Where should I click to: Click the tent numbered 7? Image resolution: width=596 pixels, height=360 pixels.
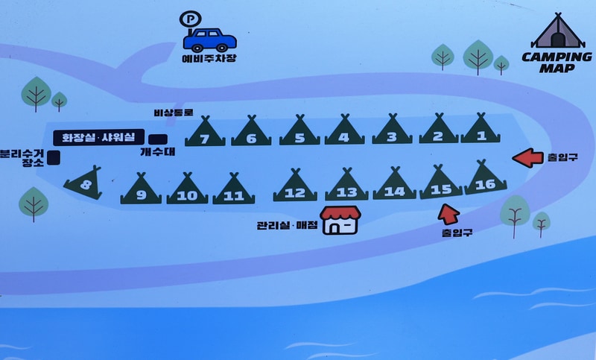click(x=205, y=131)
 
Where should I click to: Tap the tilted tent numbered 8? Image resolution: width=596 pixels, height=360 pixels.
click(x=83, y=183)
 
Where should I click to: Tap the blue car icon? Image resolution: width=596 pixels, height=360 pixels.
click(x=212, y=40)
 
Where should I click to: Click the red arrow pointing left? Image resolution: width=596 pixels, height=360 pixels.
click(x=528, y=158)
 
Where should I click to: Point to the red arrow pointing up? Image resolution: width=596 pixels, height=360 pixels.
click(x=448, y=214)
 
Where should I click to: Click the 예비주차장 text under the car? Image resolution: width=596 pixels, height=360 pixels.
click(x=209, y=59)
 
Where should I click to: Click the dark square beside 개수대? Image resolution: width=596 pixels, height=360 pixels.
click(x=157, y=139)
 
